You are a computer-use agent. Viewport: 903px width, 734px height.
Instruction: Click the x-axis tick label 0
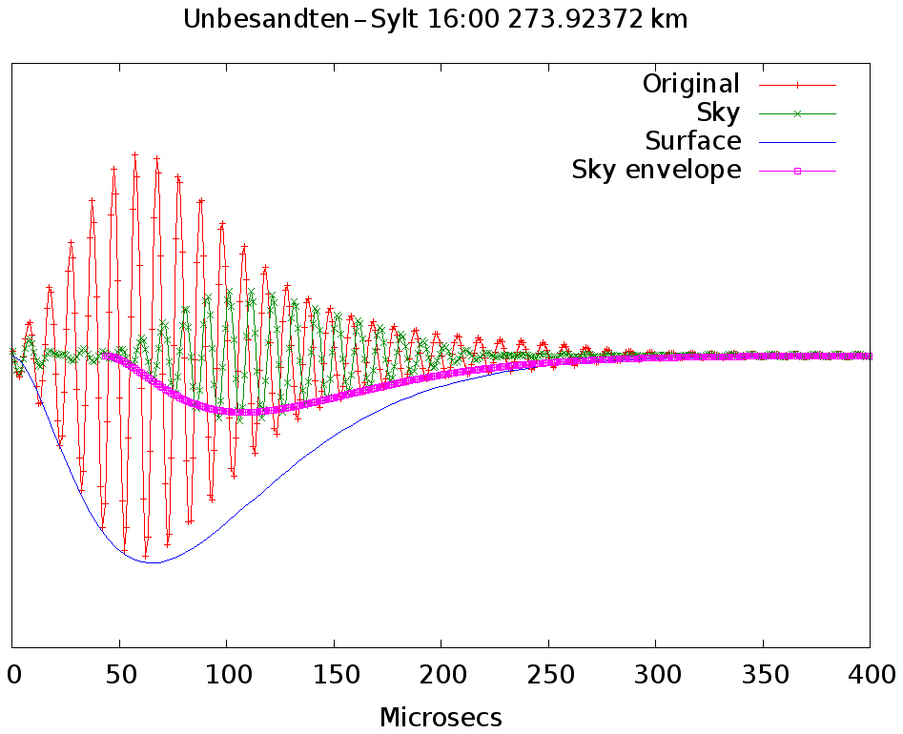(12, 675)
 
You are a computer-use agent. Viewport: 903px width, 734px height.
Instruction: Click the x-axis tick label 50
(118, 675)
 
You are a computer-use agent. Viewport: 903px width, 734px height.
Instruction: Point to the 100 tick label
(225, 675)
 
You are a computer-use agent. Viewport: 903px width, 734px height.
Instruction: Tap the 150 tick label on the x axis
(333, 675)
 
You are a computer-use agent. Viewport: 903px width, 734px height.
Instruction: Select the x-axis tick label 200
(441, 675)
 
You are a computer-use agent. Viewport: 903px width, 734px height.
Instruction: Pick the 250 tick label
(547, 675)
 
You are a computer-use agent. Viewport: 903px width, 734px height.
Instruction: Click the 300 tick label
(655, 675)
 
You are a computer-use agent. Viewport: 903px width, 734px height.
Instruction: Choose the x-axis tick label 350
(762, 675)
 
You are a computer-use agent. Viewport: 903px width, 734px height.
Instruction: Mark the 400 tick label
(869, 675)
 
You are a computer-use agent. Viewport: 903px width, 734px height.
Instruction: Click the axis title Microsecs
(441, 717)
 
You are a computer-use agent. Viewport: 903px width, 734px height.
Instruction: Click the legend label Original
(691, 84)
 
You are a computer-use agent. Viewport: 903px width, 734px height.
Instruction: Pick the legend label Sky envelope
(656, 170)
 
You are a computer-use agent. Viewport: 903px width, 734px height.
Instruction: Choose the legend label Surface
(693, 141)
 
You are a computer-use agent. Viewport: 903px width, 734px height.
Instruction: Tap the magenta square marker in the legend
(797, 171)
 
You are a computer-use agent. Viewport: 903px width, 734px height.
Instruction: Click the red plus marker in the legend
(797, 85)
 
